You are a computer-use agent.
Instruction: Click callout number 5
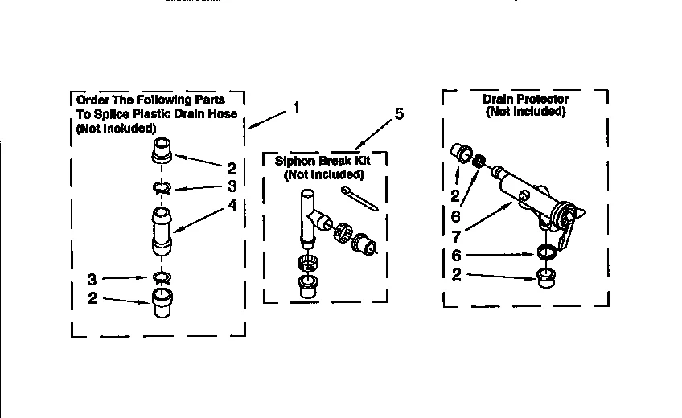399,114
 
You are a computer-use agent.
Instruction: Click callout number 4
232,205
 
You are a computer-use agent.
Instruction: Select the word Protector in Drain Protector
541,100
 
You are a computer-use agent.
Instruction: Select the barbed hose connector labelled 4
162,232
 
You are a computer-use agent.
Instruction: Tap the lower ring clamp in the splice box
162,277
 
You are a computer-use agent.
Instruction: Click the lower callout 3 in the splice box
93,279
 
